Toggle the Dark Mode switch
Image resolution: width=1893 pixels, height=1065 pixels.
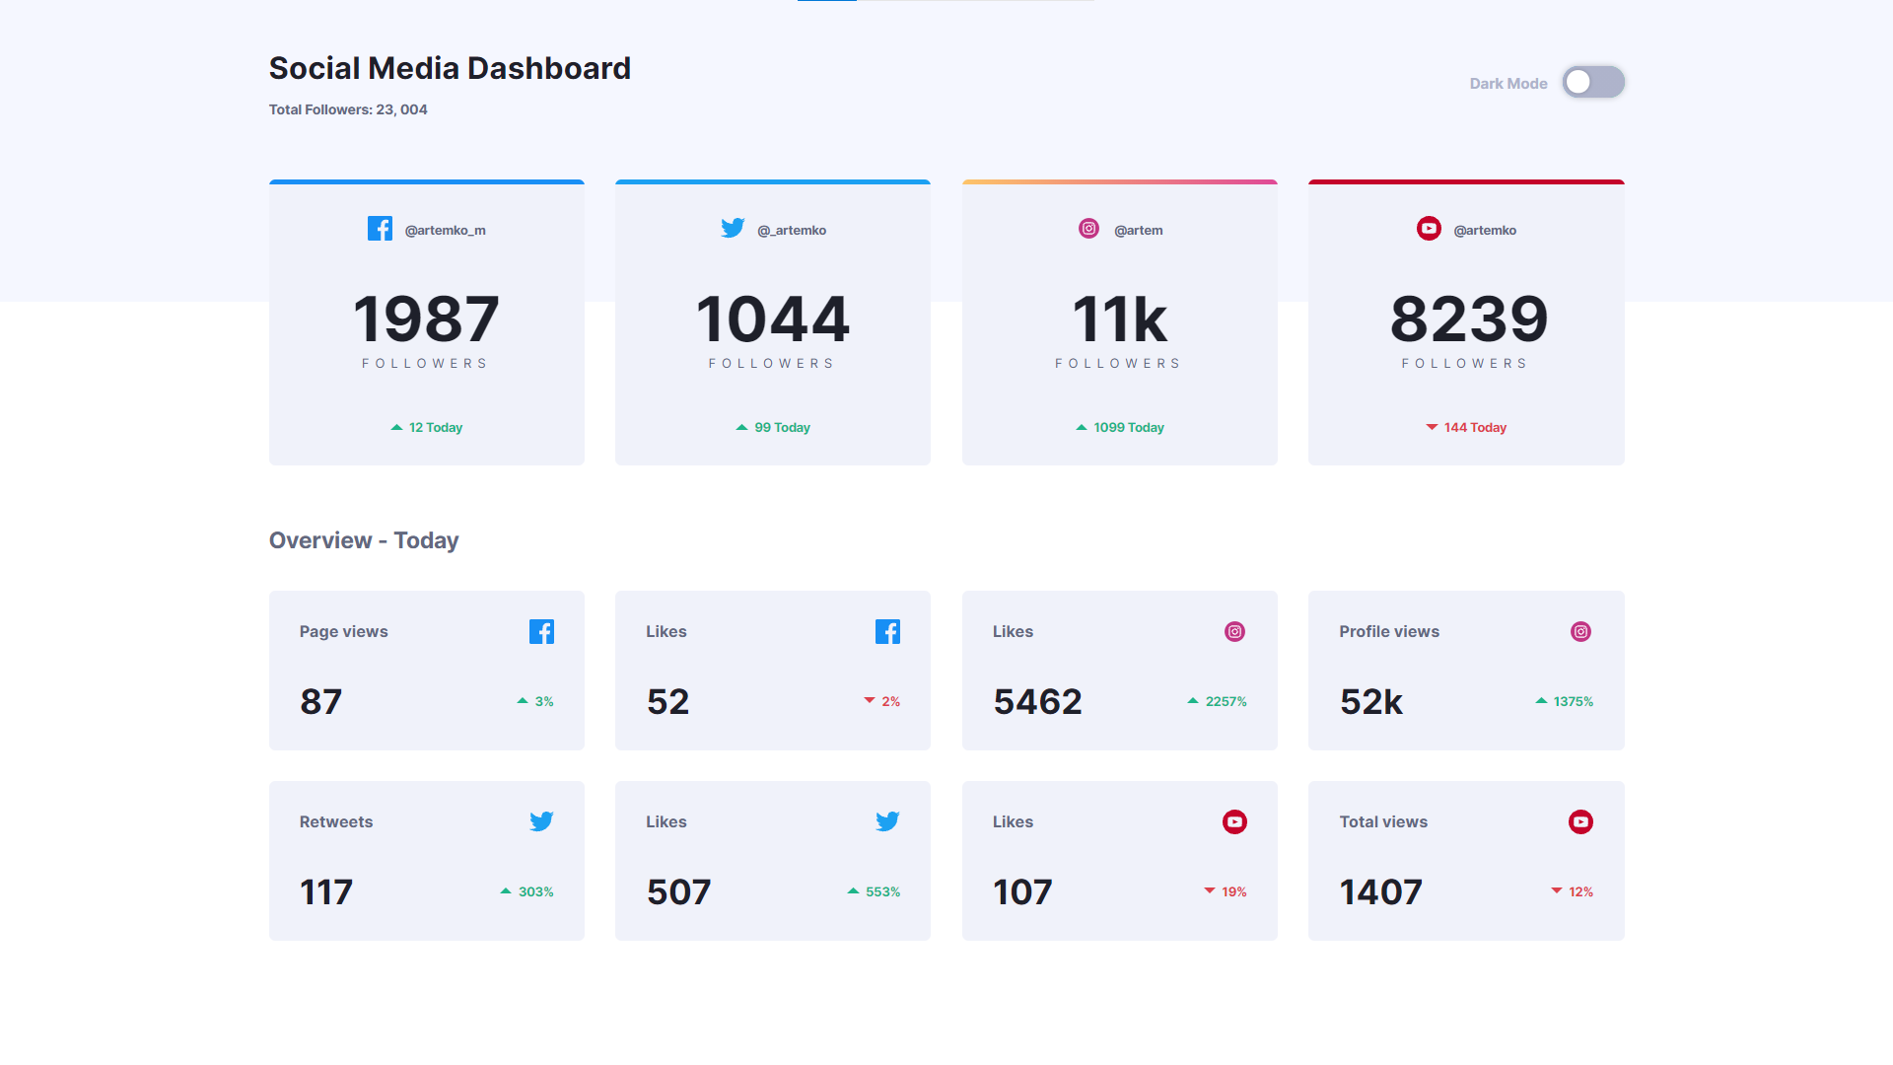coord(1592,82)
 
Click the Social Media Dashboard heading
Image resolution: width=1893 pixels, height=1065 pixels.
coord(450,68)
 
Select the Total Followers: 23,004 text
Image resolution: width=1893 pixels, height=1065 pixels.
coord(348,109)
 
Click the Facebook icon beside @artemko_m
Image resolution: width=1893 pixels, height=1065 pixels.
coord(380,229)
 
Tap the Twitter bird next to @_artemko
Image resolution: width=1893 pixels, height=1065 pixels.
coord(733,229)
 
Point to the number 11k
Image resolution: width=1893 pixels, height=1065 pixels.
coord(1119,319)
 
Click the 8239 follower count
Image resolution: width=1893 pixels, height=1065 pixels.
coord(1468,319)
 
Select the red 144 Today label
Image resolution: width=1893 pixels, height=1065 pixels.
coord(1474,427)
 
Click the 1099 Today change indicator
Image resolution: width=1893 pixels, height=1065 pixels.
coord(1128,427)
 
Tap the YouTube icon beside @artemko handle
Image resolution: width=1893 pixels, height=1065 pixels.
coord(1429,229)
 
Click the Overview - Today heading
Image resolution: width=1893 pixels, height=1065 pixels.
coord(364,540)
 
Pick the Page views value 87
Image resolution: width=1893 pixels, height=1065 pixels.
coord(321,702)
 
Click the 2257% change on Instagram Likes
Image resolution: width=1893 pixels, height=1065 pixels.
coord(1226,701)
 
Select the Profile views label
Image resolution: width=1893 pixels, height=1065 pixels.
coord(1388,631)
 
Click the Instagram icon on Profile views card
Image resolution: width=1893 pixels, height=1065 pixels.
coord(1580,631)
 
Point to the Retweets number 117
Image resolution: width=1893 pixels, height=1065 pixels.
coord(326,892)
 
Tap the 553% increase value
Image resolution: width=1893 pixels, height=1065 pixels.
coord(881,891)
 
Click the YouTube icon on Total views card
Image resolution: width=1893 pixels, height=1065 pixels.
coord(1580,821)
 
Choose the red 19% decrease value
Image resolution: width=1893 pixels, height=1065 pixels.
coord(1233,891)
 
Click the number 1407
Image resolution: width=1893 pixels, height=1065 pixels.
coord(1380,892)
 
